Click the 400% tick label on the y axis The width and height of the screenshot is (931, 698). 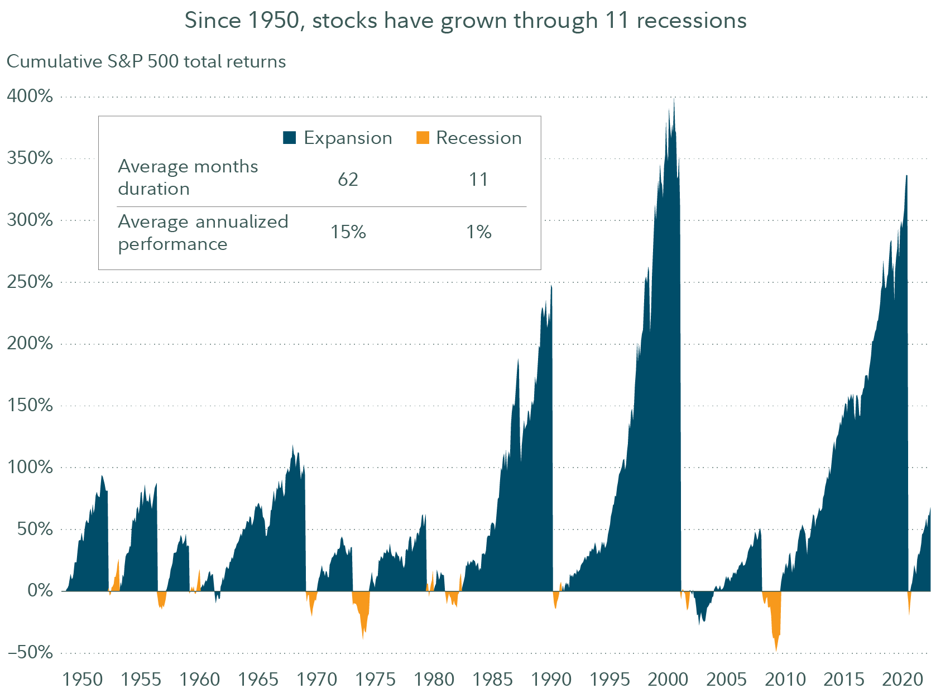click(30, 96)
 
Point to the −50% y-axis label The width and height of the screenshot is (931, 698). click(30, 652)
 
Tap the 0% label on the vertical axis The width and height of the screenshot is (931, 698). click(40, 590)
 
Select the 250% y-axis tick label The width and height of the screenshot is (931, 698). click(30, 281)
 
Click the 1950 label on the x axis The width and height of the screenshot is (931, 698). click(83, 679)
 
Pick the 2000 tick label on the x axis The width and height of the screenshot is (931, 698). click(668, 679)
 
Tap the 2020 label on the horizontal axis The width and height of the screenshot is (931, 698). click(902, 679)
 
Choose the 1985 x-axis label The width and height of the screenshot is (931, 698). click(492, 679)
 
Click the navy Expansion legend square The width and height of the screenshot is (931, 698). click(289, 138)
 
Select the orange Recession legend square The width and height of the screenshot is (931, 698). click(423, 138)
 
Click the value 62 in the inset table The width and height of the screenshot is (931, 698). click(348, 179)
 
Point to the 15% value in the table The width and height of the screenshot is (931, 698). click(348, 232)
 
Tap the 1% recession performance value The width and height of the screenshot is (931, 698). click(479, 232)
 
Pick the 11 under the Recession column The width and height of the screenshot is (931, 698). click(479, 179)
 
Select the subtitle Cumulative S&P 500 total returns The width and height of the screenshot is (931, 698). click(146, 61)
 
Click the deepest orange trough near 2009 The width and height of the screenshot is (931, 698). click(776, 649)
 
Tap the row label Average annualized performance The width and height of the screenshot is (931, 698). click(203, 233)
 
